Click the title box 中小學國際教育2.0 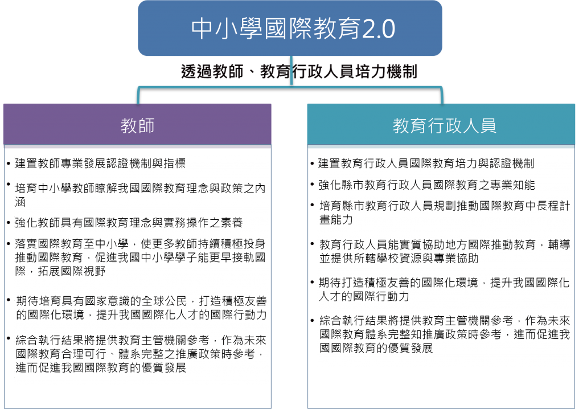coord(290,28)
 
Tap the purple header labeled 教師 coord(137,124)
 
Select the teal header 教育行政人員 coord(441,124)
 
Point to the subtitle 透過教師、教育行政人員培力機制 coord(299,71)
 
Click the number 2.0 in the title coord(379,29)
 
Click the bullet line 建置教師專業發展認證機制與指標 coord(100,163)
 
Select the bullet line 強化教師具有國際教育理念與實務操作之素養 coord(129,223)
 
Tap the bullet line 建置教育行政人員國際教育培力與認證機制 coord(426,163)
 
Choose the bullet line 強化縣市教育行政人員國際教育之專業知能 coord(427,185)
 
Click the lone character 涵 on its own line coord(20,202)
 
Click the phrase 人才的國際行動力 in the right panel coord(364,296)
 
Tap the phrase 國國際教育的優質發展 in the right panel coord(376,348)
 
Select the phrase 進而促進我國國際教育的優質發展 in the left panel coord(101,367)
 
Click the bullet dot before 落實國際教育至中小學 coord(8,244)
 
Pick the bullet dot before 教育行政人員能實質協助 coord(313,244)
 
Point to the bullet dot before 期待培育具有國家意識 coord(8,300)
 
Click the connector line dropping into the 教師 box coord(138,96)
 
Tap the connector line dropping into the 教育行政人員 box coord(442,96)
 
